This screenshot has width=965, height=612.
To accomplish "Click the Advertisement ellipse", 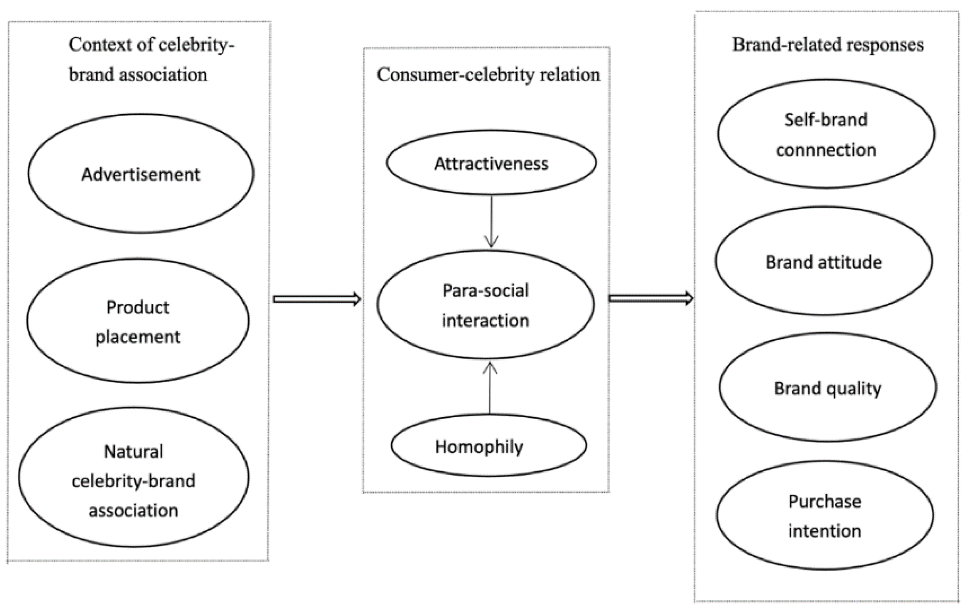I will pyautogui.click(x=141, y=173).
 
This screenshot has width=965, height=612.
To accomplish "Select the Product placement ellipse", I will pyautogui.click(x=138, y=321).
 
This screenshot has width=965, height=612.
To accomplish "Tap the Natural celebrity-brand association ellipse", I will pyautogui.click(x=134, y=478).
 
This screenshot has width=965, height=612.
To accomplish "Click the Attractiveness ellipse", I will pyautogui.click(x=491, y=163).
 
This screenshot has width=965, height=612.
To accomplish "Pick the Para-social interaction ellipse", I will pyautogui.click(x=485, y=305).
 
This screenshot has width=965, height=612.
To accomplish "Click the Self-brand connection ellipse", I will pyautogui.click(x=826, y=134).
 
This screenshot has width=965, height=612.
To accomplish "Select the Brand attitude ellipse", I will pyautogui.click(x=824, y=261).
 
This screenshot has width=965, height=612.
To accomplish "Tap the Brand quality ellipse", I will pyautogui.click(x=828, y=387).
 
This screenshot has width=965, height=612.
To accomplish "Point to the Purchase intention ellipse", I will pyautogui.click(x=825, y=515).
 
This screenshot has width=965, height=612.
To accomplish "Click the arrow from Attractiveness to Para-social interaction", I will pyautogui.click(x=491, y=221).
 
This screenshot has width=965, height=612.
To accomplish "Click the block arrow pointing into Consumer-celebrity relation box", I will pyautogui.click(x=316, y=299).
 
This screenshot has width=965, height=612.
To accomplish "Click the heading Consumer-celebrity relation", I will pyautogui.click(x=488, y=75).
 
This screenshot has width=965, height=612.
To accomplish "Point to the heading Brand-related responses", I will pyautogui.click(x=828, y=45).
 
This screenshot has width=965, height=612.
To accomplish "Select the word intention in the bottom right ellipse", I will pyautogui.click(x=824, y=531).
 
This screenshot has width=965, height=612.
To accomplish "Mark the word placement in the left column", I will pyautogui.click(x=138, y=336).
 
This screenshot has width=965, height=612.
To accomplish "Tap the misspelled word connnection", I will pyautogui.click(x=826, y=149).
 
